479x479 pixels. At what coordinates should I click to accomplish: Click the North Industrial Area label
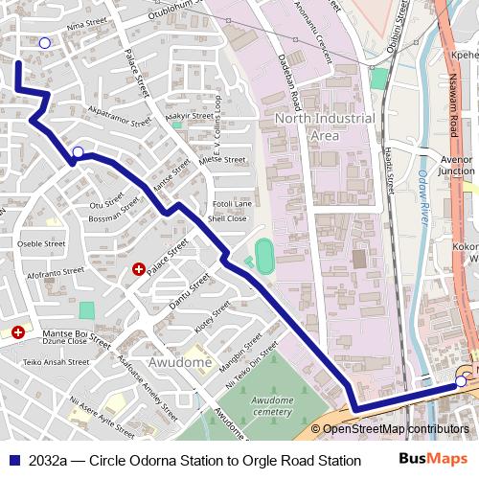tap(324, 126)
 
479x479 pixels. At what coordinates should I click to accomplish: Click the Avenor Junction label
tap(456, 165)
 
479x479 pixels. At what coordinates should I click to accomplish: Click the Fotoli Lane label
tap(232, 204)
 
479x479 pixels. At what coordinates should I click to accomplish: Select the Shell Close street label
tap(229, 218)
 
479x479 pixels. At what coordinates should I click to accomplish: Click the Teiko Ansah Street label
tap(56, 362)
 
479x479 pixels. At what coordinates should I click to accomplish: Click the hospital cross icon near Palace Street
tap(139, 270)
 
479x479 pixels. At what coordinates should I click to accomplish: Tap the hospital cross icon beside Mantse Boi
tap(17, 331)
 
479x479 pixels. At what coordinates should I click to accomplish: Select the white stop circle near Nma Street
tap(44, 43)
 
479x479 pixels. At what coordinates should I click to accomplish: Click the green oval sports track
tap(263, 254)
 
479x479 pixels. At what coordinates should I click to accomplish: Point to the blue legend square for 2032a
tap(13, 460)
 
